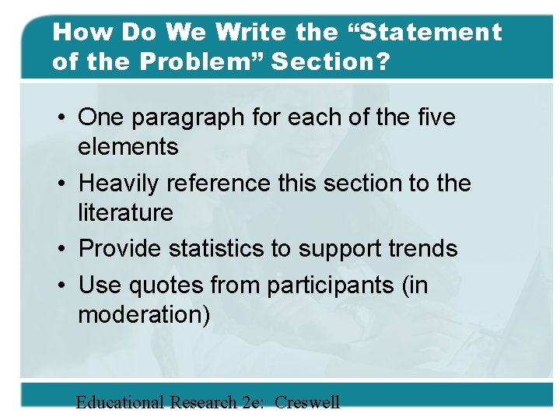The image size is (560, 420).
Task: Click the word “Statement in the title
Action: coord(427,33)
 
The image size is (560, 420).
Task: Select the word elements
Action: coord(128,146)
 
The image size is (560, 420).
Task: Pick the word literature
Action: coord(125,212)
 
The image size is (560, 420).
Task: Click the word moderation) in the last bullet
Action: coord(144,314)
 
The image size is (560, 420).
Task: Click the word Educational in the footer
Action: coord(120,402)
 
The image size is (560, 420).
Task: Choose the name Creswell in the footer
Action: coord(307,402)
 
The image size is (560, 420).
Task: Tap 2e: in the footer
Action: coord(250,402)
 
